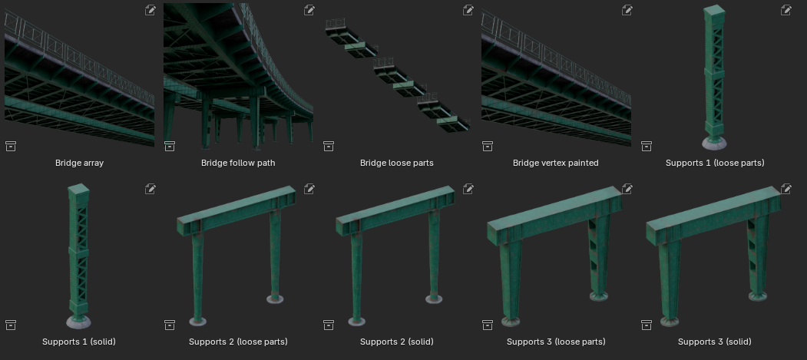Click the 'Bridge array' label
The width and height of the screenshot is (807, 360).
pyautogui.click(x=79, y=163)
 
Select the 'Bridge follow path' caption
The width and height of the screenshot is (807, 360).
pyautogui.click(x=238, y=163)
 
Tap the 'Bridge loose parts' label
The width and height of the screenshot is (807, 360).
pyautogui.click(x=397, y=163)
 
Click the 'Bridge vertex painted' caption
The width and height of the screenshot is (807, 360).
pyautogui.click(x=556, y=163)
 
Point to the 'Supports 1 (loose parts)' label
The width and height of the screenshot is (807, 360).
pyautogui.click(x=715, y=163)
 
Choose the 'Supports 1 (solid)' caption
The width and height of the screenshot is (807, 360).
pyautogui.click(x=79, y=342)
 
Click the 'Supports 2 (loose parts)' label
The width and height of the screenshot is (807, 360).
pyautogui.click(x=238, y=342)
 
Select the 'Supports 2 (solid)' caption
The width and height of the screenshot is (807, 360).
pyautogui.click(x=397, y=342)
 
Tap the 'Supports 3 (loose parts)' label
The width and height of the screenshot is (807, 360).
pyautogui.click(x=556, y=342)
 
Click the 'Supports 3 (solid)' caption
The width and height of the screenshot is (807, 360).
pyautogui.click(x=715, y=342)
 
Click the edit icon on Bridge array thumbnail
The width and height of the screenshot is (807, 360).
pyautogui.click(x=150, y=10)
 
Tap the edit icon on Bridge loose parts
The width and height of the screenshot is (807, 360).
pyautogui.click(x=468, y=10)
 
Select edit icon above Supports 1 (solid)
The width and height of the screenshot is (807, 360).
pyautogui.click(x=150, y=189)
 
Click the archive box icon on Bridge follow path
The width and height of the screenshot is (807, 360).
pyautogui.click(x=170, y=146)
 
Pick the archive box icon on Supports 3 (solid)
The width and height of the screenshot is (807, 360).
pyautogui.click(x=647, y=325)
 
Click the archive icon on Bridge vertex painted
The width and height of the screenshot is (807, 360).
pyautogui.click(x=488, y=146)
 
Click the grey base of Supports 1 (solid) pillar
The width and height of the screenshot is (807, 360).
pyautogui.click(x=79, y=322)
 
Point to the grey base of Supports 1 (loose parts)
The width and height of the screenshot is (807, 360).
pyautogui.click(x=715, y=144)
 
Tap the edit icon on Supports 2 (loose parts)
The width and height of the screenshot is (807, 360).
pyautogui.click(x=309, y=189)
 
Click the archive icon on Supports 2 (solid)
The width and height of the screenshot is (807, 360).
pyautogui.click(x=329, y=325)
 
